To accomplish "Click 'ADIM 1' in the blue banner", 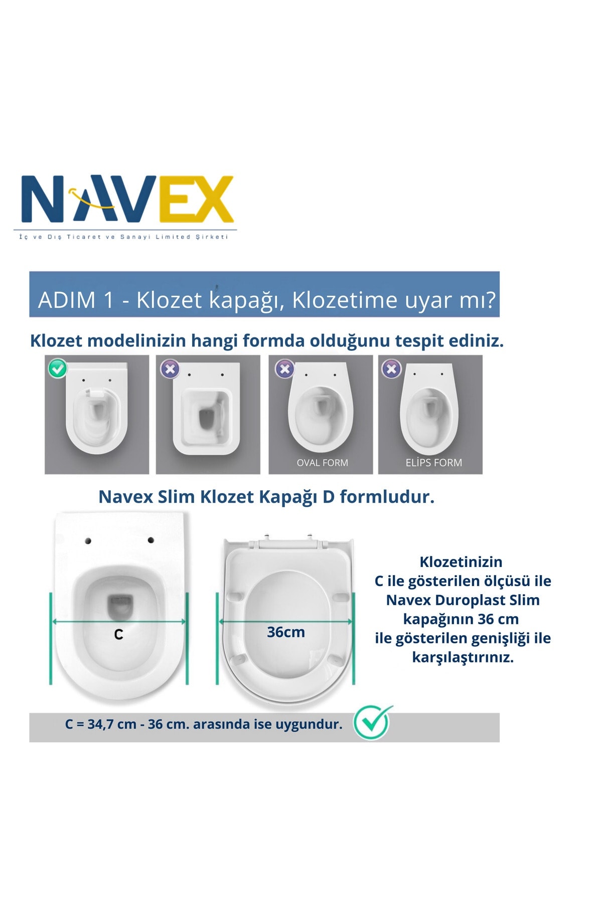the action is (x=76, y=300).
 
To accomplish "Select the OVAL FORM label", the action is (x=322, y=463).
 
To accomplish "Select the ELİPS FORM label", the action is (x=433, y=462).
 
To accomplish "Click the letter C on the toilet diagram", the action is (x=118, y=635).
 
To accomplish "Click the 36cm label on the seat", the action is (x=285, y=632).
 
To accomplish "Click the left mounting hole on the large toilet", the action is (x=88, y=541).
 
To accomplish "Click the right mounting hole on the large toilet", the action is (x=150, y=540).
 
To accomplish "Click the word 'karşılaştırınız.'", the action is (x=463, y=657).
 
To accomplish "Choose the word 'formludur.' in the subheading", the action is (x=387, y=497).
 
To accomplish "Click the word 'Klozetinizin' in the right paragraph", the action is (x=461, y=561).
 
